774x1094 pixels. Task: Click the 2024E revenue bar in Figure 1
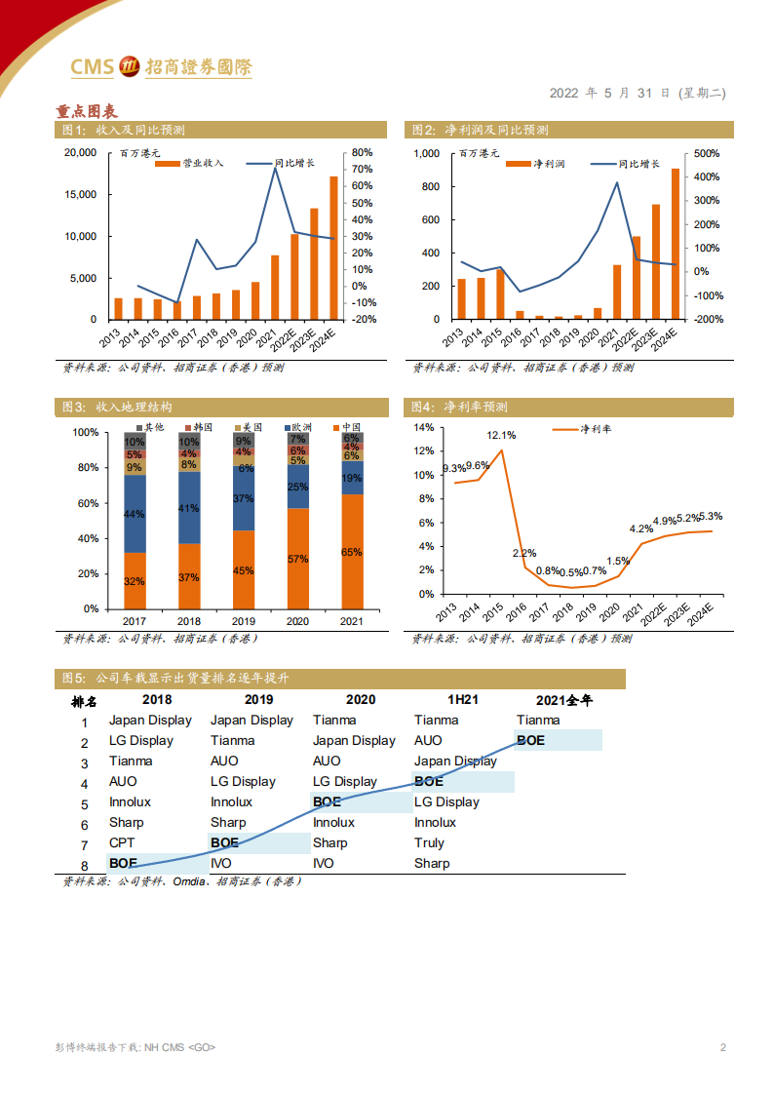(333, 249)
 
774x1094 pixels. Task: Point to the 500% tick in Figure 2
(707, 153)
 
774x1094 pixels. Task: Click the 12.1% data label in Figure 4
(501, 435)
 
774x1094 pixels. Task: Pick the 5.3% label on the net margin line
(711, 516)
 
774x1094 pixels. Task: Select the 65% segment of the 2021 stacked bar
(352, 552)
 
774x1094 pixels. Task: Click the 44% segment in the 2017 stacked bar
(135, 514)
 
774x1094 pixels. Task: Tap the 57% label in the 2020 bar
(297, 559)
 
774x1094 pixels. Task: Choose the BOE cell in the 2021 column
(530, 741)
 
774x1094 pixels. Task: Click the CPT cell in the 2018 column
(122, 842)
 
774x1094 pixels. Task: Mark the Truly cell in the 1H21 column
(429, 842)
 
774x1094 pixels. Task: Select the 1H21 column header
(462, 699)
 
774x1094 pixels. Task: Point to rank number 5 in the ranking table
(85, 802)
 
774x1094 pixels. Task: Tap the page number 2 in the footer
(722, 1048)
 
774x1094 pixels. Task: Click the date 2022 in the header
(563, 94)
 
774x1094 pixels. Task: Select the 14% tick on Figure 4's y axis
(422, 427)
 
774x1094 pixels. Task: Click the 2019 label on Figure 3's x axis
(243, 620)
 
